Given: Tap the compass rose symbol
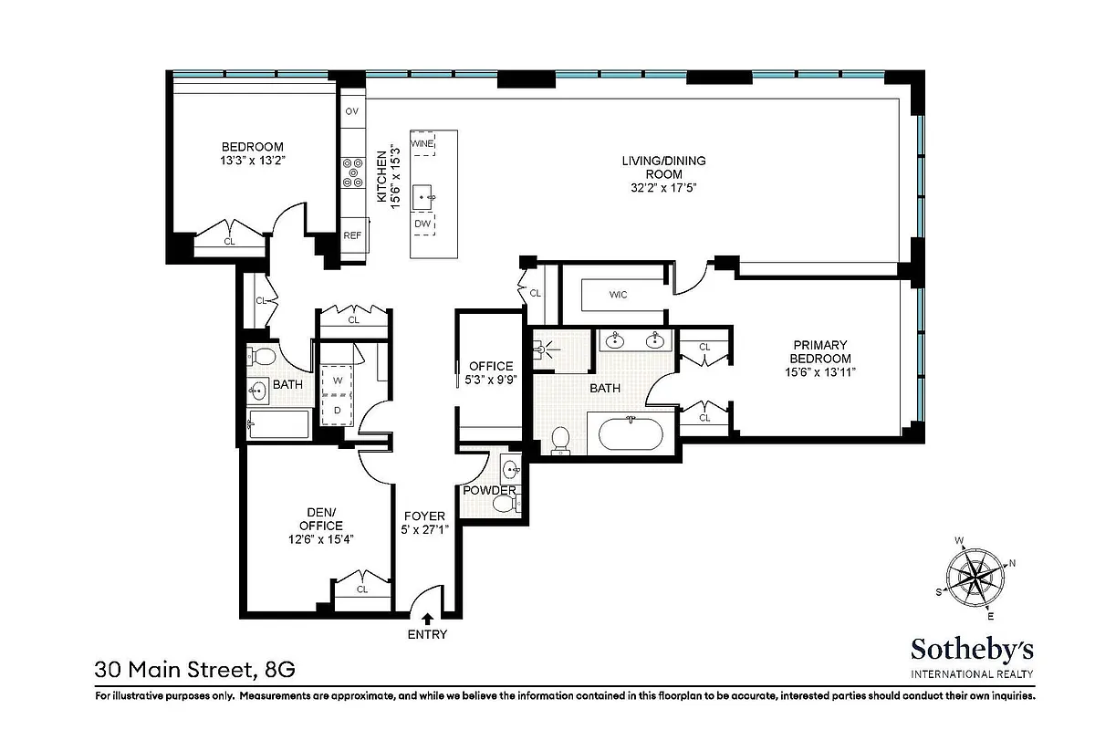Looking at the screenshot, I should click(975, 577).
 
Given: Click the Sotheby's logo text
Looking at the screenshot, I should click(972, 649).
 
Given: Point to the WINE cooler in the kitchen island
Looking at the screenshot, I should click(422, 144).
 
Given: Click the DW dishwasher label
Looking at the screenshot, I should click(422, 224).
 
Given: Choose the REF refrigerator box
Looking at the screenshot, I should click(352, 235).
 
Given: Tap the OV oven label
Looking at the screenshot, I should click(351, 111).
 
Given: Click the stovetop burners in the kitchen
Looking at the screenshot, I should click(352, 172).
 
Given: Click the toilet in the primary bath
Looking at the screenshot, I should click(561, 439).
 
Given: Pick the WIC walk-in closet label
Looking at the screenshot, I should click(618, 295).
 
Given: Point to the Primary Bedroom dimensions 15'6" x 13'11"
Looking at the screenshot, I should click(821, 371).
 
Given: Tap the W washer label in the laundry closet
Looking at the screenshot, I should click(337, 380).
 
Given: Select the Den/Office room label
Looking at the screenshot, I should click(320, 519).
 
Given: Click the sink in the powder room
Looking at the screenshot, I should click(510, 471).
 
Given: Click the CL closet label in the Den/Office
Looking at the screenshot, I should click(362, 589).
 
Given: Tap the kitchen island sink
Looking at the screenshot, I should click(424, 194).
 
